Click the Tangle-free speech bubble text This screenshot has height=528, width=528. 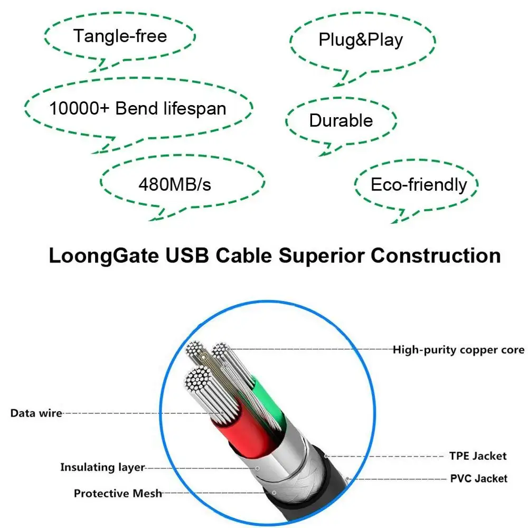point(120,36)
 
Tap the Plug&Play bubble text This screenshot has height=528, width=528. point(361,40)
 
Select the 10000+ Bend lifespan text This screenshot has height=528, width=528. point(138,108)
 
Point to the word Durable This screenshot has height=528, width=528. point(341,120)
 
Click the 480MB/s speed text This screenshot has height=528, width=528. point(175,184)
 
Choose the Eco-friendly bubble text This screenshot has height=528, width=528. point(419,185)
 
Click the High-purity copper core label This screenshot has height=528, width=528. point(458,350)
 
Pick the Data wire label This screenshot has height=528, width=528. point(36,413)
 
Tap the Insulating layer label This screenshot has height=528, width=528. point(102,467)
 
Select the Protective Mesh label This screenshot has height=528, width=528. point(117,494)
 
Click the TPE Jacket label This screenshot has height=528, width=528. point(478,456)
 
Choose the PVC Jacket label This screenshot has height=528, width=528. point(478,479)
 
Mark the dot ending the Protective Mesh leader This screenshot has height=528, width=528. point(274,493)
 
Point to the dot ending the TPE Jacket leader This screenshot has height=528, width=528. point(327,456)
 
